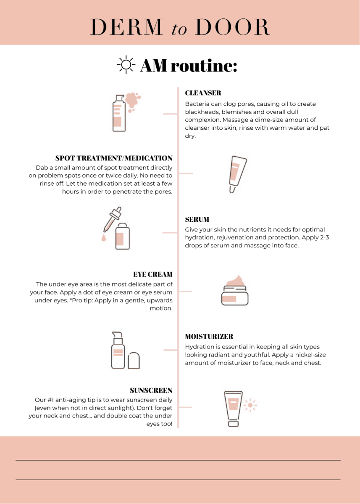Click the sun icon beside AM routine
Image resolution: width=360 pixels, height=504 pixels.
(126, 66)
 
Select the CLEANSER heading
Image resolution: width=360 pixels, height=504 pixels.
(203, 93)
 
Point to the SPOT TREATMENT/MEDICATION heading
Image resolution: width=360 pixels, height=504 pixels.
(114, 158)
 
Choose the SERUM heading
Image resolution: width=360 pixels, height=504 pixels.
(197, 219)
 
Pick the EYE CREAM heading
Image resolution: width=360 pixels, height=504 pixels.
(153, 274)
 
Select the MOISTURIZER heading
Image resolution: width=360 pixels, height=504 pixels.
(209, 336)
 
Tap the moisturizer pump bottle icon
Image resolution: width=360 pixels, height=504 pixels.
(118, 350)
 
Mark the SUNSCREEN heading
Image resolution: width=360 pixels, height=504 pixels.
(151, 390)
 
